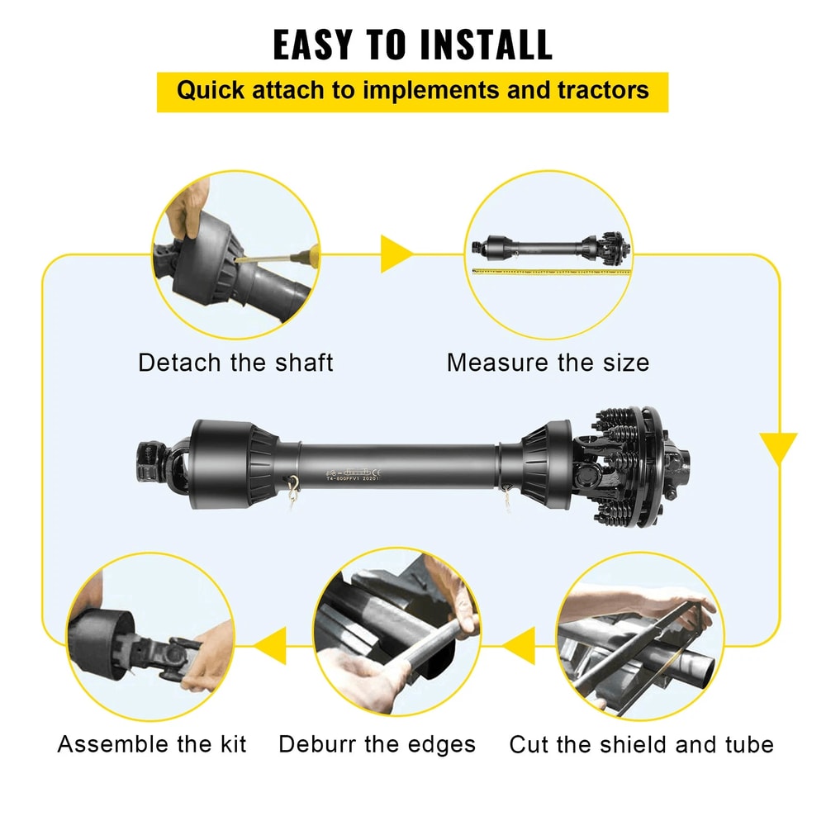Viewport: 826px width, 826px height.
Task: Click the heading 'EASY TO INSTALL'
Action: point(412,45)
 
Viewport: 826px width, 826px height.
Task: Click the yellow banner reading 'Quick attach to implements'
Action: point(412,90)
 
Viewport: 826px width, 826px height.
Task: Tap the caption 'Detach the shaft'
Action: point(235,363)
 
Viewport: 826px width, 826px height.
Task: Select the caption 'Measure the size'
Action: point(548,363)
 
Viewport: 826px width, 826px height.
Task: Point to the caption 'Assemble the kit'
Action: point(152,744)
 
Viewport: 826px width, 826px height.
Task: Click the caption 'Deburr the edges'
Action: point(377,744)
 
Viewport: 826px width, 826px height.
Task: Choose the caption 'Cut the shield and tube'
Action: point(641,744)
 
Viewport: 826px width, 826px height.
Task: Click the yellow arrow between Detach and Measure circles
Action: point(396,254)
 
